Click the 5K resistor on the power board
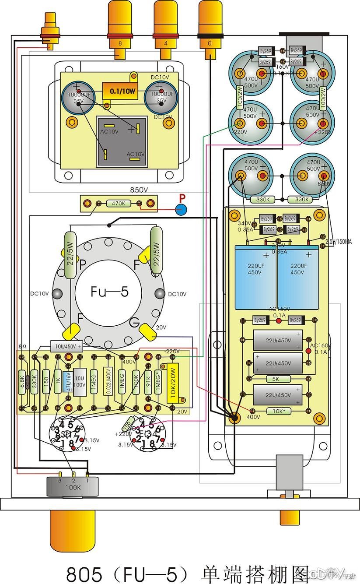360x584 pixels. pyautogui.click(x=276, y=379)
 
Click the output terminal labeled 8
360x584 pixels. pyautogui.click(x=120, y=43)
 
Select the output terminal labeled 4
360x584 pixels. pyautogui.click(x=165, y=43)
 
